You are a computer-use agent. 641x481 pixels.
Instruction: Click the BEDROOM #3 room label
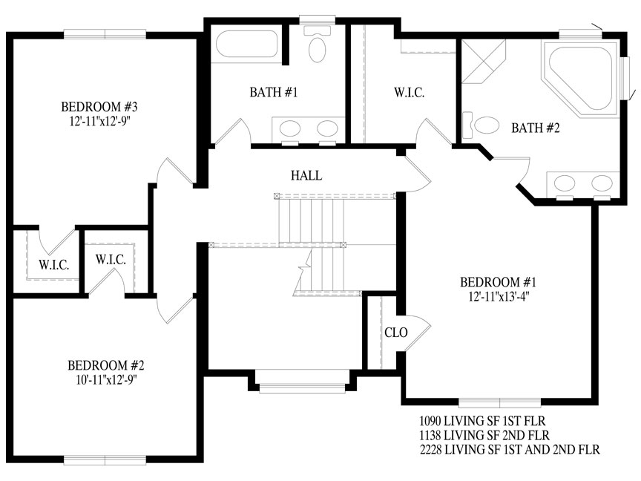pos(99,107)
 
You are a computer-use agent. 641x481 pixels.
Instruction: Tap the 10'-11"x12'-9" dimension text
pos(106,379)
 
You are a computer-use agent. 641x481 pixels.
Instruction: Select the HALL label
pos(306,175)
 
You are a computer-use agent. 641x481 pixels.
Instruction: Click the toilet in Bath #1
pos(318,45)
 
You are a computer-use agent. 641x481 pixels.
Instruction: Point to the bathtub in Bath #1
pos(247,44)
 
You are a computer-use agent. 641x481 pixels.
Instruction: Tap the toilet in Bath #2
pos(481,125)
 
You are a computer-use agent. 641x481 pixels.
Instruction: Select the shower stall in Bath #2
pos(484,61)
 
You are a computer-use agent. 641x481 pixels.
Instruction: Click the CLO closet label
pos(395,333)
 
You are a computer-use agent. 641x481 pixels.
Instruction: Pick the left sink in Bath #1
pos(290,128)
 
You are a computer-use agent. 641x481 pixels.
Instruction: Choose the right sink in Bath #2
pos(602,183)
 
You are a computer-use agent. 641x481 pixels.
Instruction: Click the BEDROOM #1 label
pos(498,282)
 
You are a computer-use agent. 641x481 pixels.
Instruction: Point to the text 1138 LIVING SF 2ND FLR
pos(484,435)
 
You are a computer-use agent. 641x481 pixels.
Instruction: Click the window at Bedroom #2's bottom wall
pos(105,459)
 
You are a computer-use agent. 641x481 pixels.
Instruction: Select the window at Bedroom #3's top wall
pos(105,34)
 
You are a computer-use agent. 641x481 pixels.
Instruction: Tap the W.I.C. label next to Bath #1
pos(409,93)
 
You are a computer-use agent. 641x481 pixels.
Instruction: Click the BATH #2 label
pos(535,128)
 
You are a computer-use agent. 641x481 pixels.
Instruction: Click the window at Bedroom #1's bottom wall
pos(499,402)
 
